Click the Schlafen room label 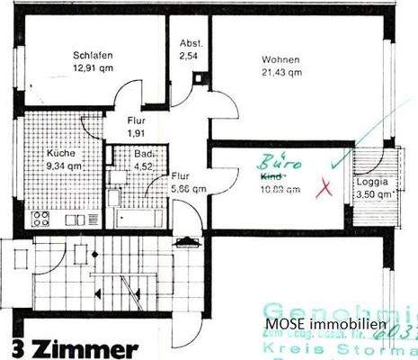(93, 55)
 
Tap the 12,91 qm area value (93, 67)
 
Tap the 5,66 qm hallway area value (190, 189)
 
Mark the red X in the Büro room (325, 187)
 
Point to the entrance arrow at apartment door (187, 239)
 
